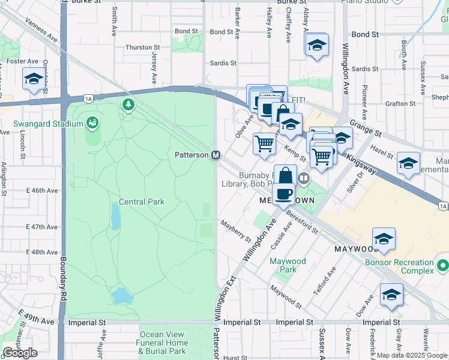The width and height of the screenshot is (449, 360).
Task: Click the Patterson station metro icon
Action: [216, 155]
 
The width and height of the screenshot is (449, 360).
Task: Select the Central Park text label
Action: [142, 202]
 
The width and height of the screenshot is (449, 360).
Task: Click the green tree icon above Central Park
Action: [128, 106]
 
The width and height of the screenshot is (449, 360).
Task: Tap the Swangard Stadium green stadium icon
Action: [92, 123]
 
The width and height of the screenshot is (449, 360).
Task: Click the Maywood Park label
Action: [288, 265]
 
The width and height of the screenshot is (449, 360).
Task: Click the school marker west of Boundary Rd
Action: [34, 79]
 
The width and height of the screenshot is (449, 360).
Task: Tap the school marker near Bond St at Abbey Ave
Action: [316, 44]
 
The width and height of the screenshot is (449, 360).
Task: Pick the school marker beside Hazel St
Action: [408, 163]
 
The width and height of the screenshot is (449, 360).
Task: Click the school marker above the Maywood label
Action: [384, 239]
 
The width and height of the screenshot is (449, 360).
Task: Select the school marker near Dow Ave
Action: [391, 295]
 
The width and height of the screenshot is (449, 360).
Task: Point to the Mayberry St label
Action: [235, 231]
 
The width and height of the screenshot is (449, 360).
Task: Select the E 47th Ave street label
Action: [42, 227]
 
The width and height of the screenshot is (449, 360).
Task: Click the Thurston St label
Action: [142, 47]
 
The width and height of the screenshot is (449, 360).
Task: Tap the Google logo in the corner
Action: [20, 352]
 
